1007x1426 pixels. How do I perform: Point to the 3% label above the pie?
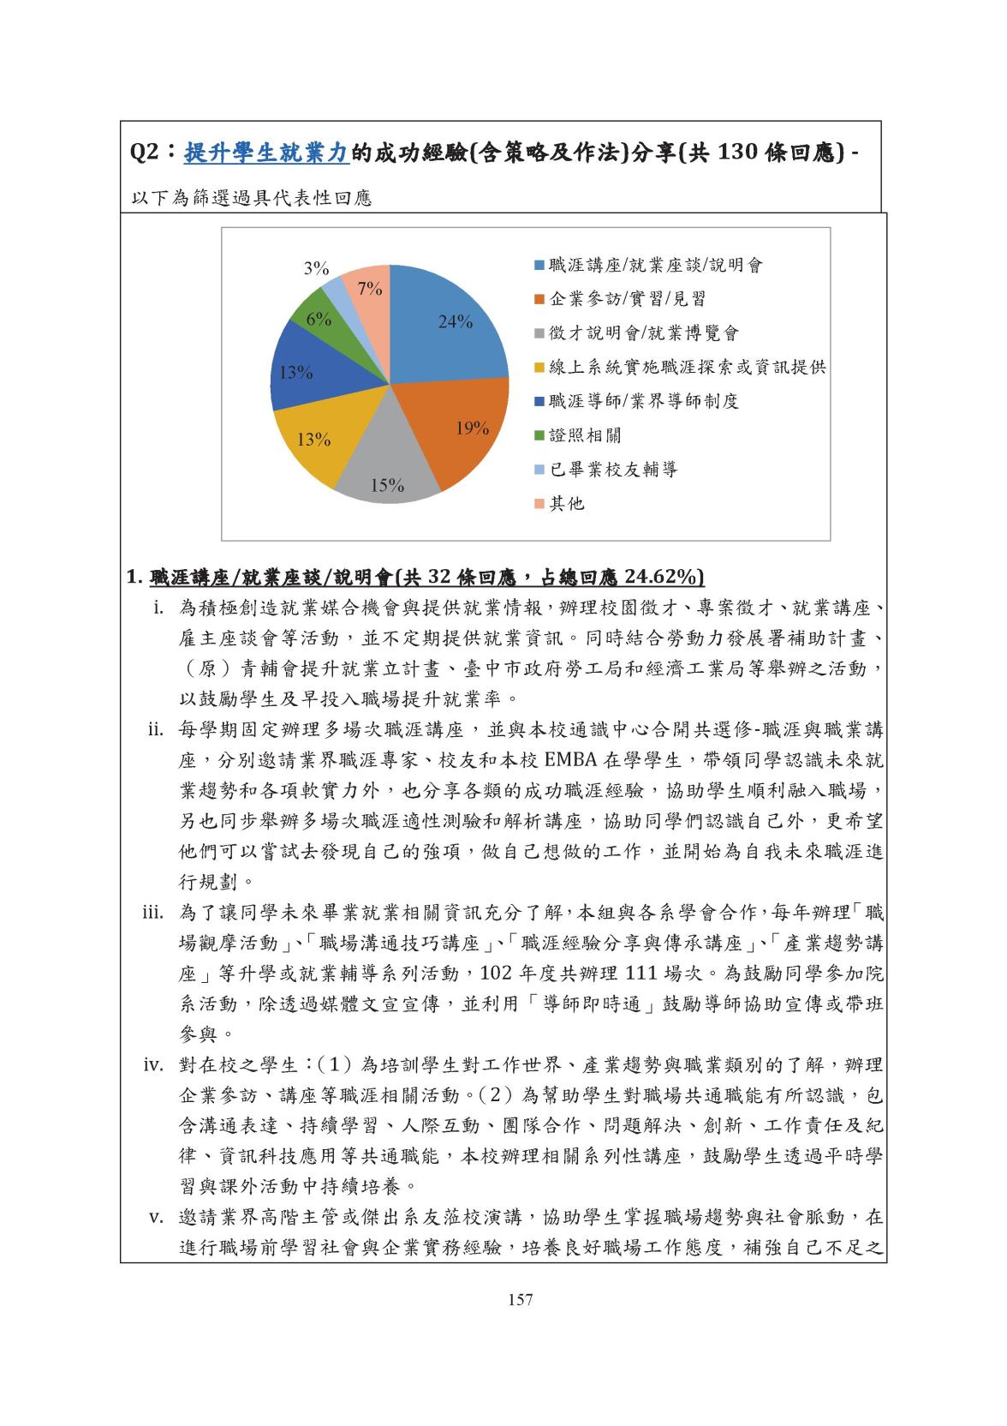[x=317, y=268]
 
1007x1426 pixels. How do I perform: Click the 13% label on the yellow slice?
[x=314, y=440]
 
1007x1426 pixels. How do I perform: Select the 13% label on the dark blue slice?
[x=296, y=373]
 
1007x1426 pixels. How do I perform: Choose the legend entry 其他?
[x=567, y=504]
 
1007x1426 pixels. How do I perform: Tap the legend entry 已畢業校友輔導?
[x=612, y=470]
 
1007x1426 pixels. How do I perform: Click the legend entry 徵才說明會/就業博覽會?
[x=643, y=333]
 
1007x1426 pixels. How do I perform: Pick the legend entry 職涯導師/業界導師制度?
[x=643, y=401]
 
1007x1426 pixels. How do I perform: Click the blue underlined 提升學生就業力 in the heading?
[x=266, y=153]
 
